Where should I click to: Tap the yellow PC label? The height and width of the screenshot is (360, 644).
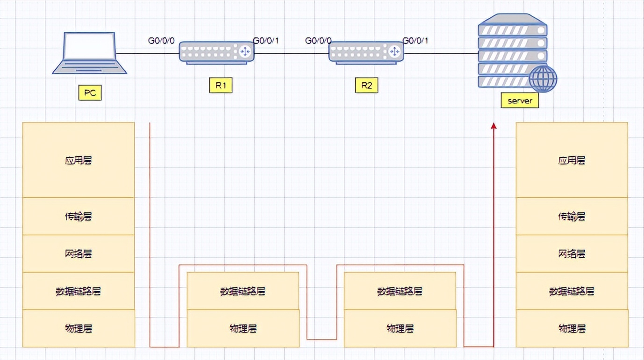90,93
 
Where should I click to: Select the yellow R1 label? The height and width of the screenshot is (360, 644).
221,86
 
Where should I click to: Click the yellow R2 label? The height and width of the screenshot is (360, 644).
366,86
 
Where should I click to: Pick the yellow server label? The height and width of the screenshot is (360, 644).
520,101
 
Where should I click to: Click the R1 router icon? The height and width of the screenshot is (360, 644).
217,51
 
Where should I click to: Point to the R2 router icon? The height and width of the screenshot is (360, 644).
366,51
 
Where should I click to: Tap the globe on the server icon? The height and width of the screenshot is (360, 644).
544,79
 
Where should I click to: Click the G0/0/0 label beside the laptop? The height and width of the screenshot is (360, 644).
161,41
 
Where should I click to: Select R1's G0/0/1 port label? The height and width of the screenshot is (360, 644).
265,41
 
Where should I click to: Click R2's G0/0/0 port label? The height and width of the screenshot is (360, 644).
318,41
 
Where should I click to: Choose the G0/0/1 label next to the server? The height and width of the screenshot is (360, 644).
415,41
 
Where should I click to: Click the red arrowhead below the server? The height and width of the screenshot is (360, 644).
494,126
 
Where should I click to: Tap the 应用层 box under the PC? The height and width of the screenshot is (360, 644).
79,160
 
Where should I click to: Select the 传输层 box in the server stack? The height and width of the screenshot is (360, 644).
572,216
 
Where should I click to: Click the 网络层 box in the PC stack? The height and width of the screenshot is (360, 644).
79,253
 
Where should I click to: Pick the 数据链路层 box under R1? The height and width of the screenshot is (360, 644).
243,291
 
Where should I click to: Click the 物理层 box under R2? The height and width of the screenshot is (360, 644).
400,328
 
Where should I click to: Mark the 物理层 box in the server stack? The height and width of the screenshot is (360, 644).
572,328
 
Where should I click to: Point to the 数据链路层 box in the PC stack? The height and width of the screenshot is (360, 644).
79,291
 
